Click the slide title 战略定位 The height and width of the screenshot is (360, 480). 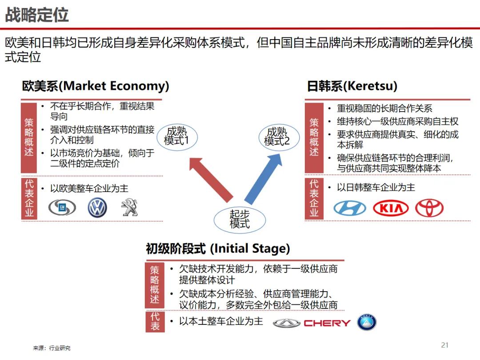[x=37, y=15]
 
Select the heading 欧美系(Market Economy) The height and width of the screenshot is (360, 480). [x=96, y=86]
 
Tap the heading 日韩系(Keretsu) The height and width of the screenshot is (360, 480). [x=352, y=86]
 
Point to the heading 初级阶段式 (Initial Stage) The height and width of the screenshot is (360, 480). [x=218, y=248]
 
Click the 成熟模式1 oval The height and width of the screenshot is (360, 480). [x=176, y=136]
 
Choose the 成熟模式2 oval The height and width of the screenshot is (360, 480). [x=277, y=136]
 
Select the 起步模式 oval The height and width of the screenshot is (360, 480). [x=240, y=219]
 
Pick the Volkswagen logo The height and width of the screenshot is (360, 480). [x=97, y=208]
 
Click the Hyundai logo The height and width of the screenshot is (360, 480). [x=350, y=208]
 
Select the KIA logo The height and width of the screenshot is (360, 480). [x=391, y=208]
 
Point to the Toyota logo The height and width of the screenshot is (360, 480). [x=429, y=208]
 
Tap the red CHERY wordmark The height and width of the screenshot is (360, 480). [x=327, y=323]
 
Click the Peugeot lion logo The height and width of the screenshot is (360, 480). [x=129, y=208]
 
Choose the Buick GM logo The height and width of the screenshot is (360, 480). [x=62, y=208]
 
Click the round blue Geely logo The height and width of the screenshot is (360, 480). [x=367, y=323]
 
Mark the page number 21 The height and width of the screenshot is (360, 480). [x=445, y=345]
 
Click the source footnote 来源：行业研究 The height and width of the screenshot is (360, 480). [x=52, y=348]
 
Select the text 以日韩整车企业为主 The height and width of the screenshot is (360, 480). [x=376, y=188]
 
